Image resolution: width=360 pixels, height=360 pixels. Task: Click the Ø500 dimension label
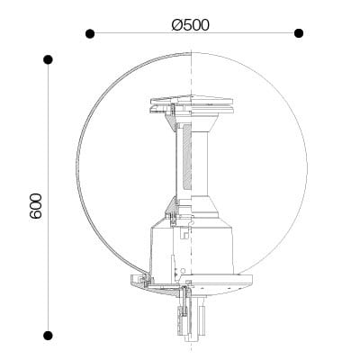click(x=191, y=25)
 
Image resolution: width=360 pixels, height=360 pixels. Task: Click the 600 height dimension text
click(x=36, y=206)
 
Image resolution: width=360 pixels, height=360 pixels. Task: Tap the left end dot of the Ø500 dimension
click(x=90, y=33)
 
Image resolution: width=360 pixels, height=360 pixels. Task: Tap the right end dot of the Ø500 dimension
click(x=299, y=33)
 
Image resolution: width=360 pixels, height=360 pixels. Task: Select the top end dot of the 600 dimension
click(x=48, y=59)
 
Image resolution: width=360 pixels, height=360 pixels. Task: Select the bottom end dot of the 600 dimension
click(x=48, y=336)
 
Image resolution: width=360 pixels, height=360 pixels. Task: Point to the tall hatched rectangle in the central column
click(x=186, y=157)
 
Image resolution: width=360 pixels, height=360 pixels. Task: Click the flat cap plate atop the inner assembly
click(x=192, y=99)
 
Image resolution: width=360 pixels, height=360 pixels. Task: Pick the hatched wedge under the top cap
click(x=170, y=122)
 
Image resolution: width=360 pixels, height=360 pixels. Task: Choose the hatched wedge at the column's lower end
click(x=172, y=204)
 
